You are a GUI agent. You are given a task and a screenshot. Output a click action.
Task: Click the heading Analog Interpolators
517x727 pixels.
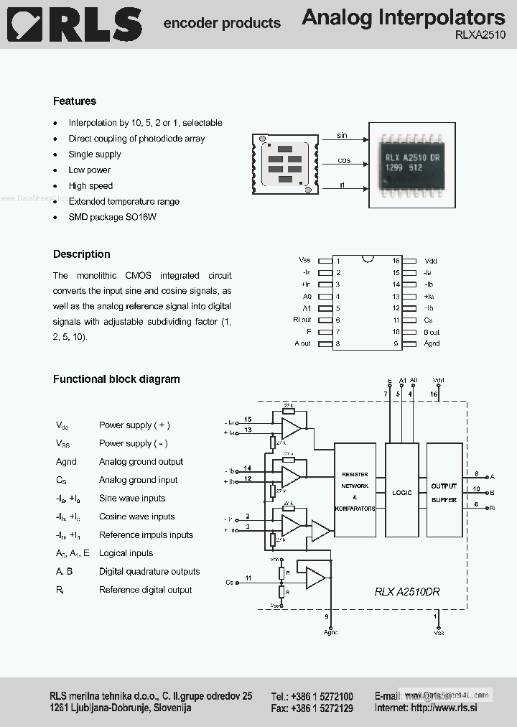click(403, 17)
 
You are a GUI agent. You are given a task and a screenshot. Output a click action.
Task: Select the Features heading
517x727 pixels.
click(75, 101)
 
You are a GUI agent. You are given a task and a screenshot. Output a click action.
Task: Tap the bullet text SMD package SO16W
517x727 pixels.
click(112, 217)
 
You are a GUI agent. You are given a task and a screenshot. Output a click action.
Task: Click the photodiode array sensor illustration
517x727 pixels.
click(285, 165)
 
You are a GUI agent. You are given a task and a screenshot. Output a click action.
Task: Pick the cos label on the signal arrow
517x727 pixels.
click(343, 161)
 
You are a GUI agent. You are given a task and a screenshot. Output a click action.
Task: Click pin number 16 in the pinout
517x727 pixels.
click(396, 261)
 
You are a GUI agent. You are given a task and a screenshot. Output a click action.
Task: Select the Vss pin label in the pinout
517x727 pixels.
click(304, 261)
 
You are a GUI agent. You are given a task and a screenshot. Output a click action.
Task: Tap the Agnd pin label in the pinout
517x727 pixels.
click(432, 343)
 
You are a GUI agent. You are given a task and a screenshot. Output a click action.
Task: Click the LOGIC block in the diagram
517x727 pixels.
click(402, 492)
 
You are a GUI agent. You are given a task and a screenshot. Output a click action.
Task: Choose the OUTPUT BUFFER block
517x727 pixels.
click(444, 492)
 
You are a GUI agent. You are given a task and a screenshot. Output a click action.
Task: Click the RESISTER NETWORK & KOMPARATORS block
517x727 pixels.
click(355, 491)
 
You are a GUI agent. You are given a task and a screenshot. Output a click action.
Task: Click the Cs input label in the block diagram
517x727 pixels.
click(229, 582)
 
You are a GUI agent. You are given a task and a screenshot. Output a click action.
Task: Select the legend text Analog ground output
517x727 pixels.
click(141, 462)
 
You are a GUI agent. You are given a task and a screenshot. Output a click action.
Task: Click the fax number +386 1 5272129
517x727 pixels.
click(323, 708)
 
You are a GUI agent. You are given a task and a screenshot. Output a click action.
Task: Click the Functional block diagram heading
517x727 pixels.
click(116, 379)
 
